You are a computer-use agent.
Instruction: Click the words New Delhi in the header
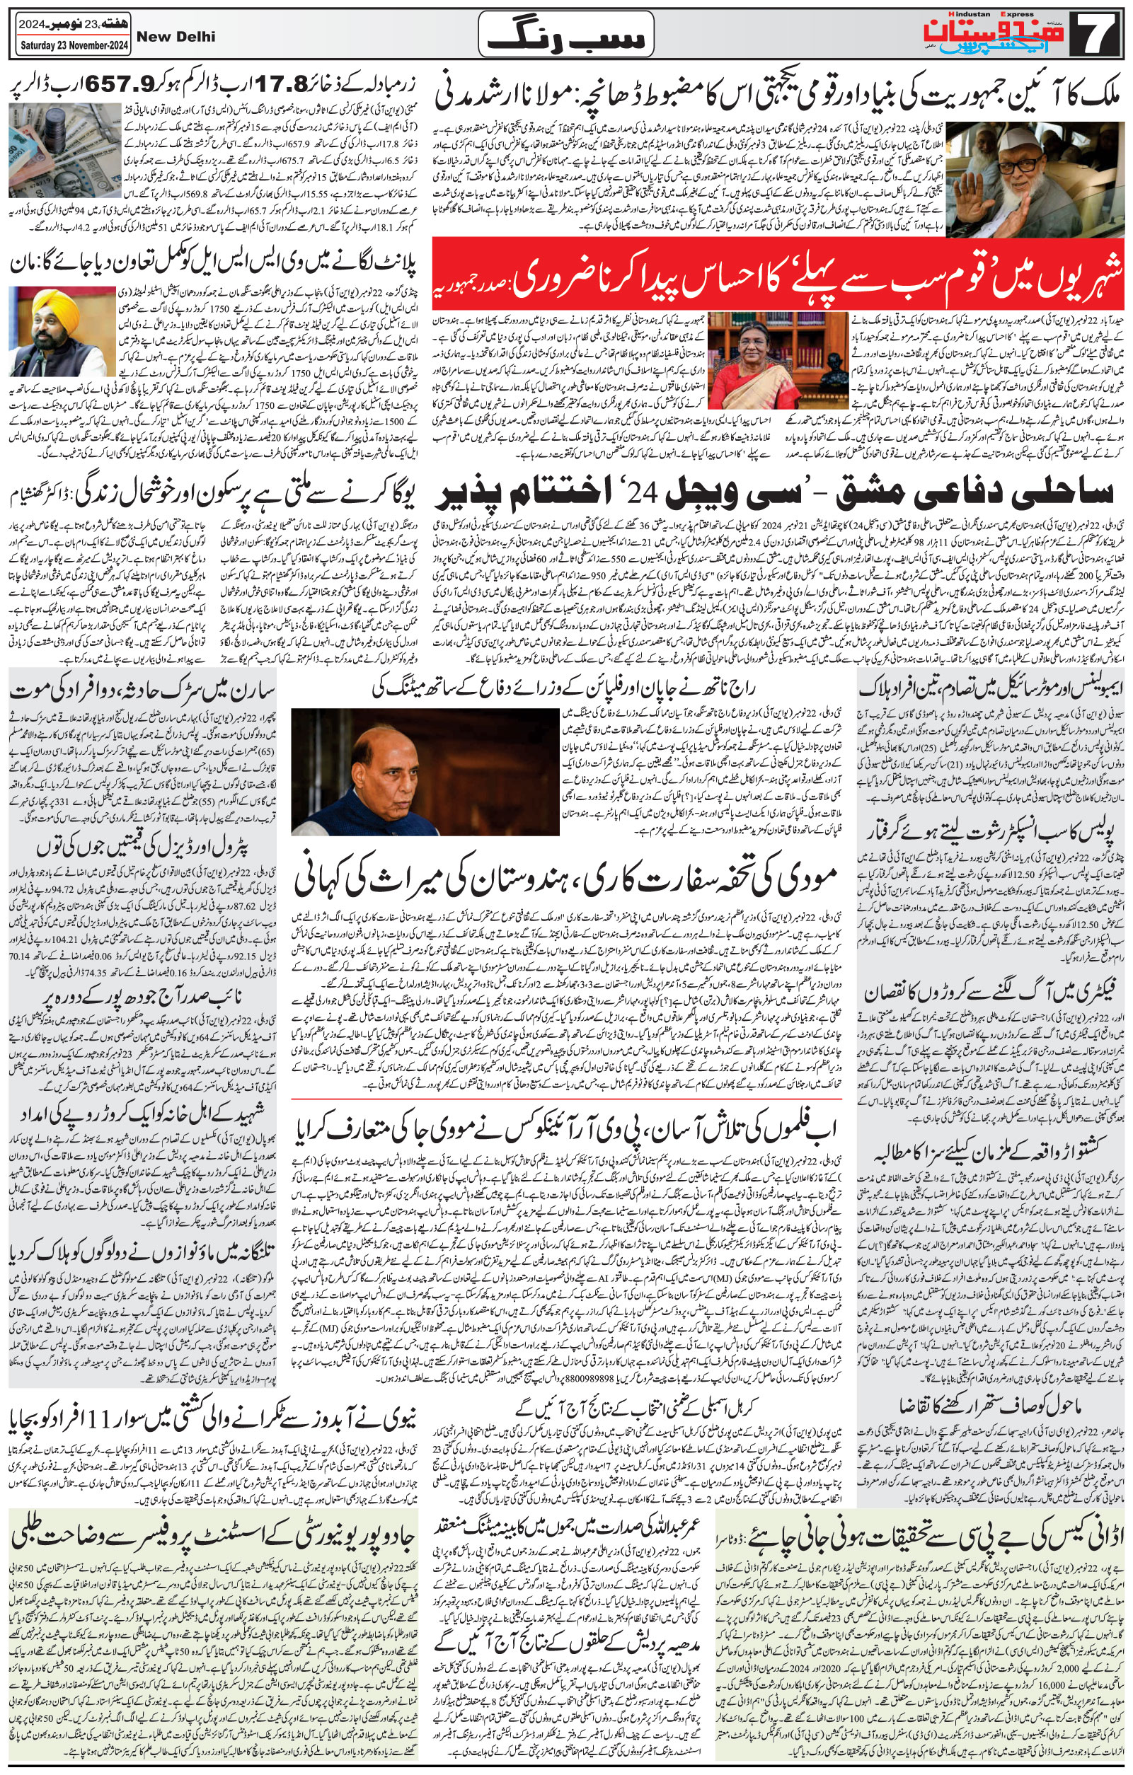pyautogui.click(x=176, y=36)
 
